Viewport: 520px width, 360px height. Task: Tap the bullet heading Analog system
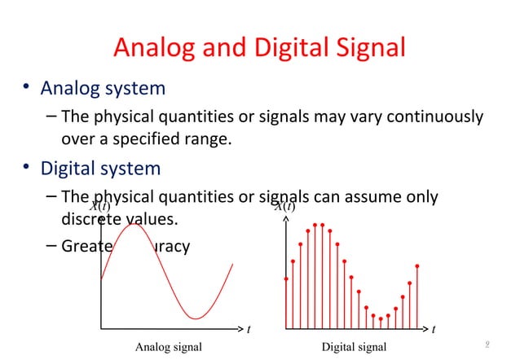point(103,87)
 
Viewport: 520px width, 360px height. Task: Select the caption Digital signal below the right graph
point(354,348)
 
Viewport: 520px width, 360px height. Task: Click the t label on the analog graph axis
point(249,330)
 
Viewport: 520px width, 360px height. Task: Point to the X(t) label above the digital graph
point(284,208)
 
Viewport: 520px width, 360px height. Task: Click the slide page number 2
point(487,345)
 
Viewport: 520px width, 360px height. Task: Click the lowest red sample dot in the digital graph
point(381,318)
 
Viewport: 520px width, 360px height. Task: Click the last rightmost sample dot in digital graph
point(417,266)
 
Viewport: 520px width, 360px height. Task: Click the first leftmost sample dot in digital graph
point(286,279)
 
